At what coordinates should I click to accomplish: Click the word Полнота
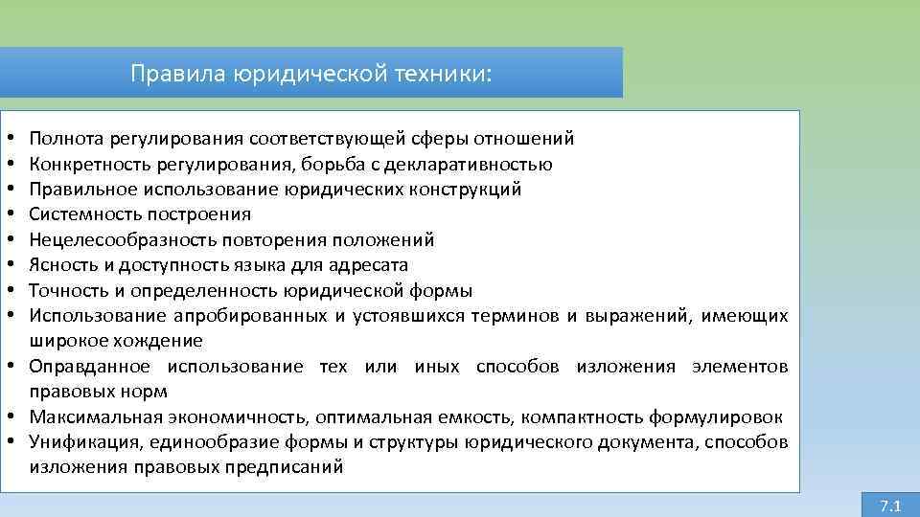pos(65,139)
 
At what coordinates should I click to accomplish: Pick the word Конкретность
pos(82,164)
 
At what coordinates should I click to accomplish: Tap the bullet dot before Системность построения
pos(8,214)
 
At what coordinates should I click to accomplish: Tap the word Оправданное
pos(89,367)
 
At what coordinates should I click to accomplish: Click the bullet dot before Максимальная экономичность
pos(8,417)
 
